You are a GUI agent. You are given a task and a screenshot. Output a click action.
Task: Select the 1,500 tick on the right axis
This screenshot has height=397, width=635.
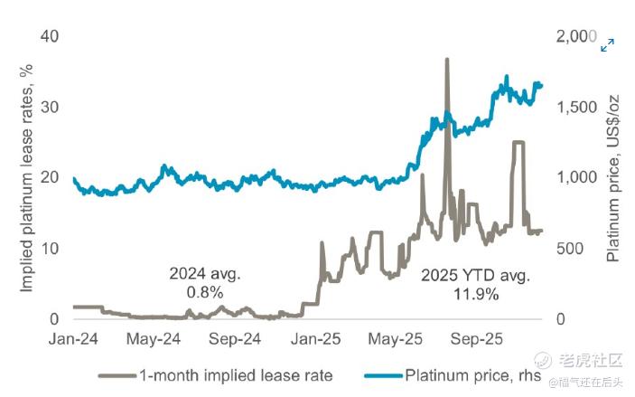pyautogui.click(x=574, y=107)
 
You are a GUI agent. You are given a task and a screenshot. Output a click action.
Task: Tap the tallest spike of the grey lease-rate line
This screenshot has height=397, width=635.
pyautogui.click(x=446, y=60)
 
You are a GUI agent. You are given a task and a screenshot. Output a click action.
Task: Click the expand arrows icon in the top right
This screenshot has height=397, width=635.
pyautogui.click(x=608, y=44)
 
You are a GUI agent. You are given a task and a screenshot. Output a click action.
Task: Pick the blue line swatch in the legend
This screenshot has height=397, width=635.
pyautogui.click(x=383, y=374)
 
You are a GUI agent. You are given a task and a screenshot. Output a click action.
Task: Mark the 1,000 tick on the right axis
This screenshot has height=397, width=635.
pyautogui.click(x=574, y=177)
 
